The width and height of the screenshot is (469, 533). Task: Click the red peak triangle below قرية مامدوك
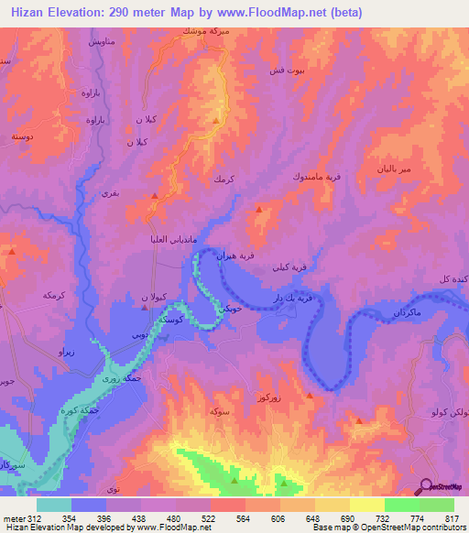coord(259,211)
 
